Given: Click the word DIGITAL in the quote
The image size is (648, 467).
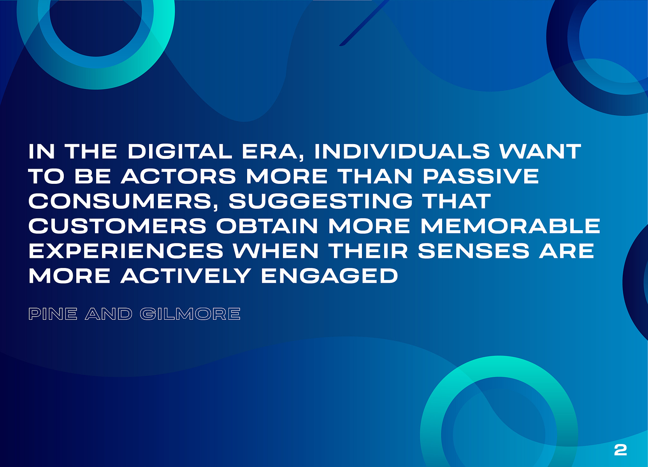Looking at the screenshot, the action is [180, 151].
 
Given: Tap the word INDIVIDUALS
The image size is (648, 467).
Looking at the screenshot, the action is [402, 151].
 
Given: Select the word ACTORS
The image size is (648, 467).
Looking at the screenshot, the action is [178, 176].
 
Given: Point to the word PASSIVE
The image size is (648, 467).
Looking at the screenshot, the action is [481, 176].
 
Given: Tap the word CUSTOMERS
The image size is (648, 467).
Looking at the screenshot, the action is [118, 226].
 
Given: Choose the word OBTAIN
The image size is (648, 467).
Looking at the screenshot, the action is [267, 226].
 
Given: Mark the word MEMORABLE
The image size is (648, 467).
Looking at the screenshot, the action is [511, 226].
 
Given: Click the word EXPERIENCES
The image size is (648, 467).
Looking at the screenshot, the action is [126, 251].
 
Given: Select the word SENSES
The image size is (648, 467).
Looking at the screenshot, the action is [474, 251].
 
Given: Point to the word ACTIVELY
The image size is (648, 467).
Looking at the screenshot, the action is [186, 276].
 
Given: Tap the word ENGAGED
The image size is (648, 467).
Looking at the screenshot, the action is [330, 276].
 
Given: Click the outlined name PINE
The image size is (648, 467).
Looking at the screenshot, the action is [53, 314].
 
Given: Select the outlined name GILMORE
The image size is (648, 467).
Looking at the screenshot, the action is [190, 314].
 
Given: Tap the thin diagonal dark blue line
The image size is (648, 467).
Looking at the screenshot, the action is [364, 23].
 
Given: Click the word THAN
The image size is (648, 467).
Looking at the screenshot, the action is [375, 176].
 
